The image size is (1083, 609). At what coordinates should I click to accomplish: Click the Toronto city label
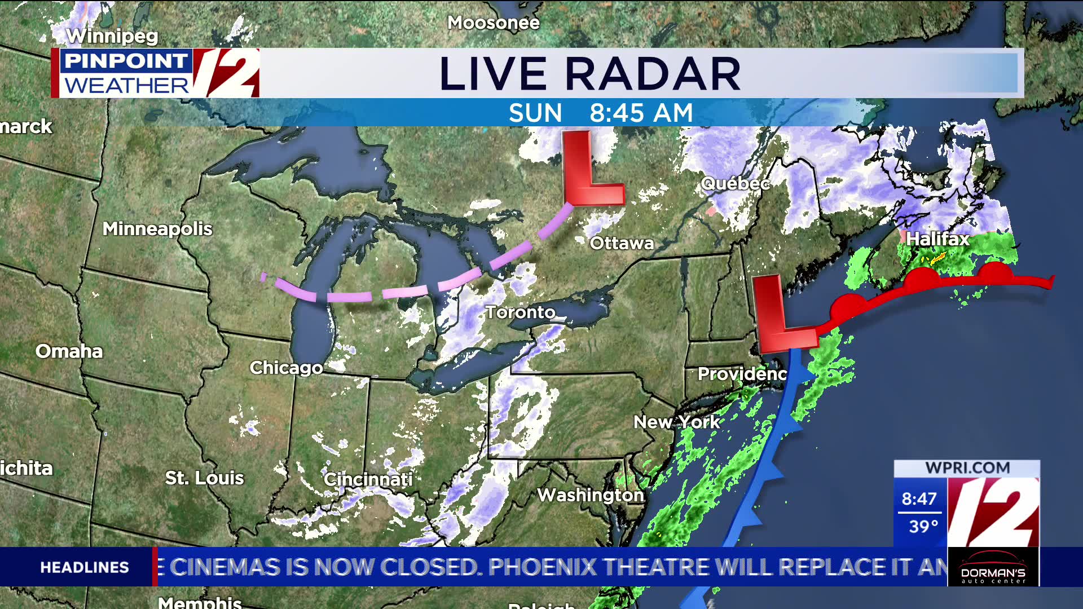(x=520, y=312)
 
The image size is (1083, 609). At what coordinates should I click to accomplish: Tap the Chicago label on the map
(x=286, y=368)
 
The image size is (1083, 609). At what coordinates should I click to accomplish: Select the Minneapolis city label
(x=157, y=229)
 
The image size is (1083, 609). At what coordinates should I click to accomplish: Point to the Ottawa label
(x=622, y=243)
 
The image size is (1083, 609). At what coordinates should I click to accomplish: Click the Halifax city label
(x=937, y=239)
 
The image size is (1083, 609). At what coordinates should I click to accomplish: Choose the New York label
(x=676, y=422)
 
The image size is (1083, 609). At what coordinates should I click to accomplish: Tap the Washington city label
(x=590, y=495)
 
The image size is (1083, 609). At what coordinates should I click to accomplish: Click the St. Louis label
(x=204, y=478)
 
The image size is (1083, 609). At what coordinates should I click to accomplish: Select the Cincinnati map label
(x=368, y=479)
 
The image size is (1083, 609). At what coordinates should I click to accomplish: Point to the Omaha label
(x=69, y=351)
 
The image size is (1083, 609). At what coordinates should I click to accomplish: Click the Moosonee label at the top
(x=494, y=23)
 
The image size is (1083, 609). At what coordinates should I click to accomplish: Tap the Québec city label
(x=734, y=183)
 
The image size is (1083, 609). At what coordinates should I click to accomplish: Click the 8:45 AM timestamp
(x=641, y=113)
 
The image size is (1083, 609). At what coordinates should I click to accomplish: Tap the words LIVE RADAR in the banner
(x=589, y=74)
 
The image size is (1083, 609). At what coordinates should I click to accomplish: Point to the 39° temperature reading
(x=923, y=527)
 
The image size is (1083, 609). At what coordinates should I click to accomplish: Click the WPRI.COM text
(x=967, y=468)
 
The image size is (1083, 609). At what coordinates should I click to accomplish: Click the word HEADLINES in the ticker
(x=85, y=567)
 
